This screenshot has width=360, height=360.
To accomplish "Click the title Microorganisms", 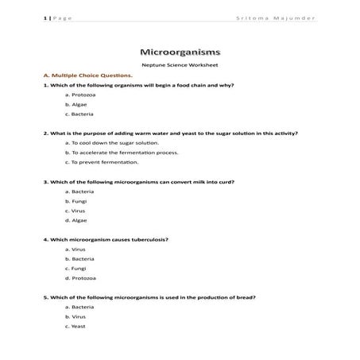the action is (x=180, y=49).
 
